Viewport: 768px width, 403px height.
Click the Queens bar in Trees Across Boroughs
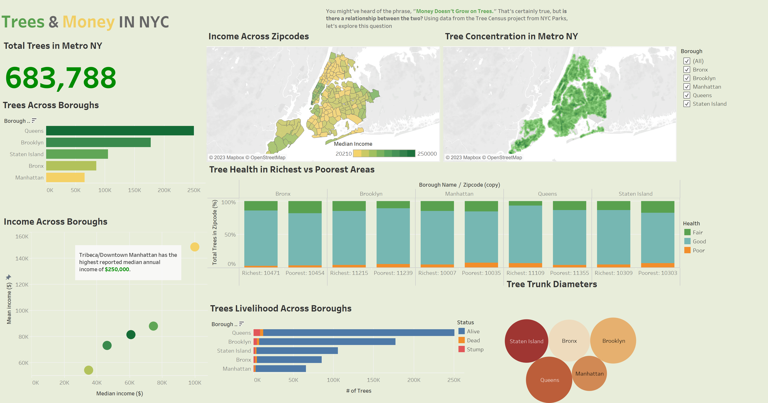(x=120, y=131)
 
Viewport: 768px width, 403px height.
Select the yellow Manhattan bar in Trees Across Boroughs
(x=65, y=177)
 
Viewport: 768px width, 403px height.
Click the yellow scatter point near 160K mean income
(x=195, y=247)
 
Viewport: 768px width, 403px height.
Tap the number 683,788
(x=61, y=78)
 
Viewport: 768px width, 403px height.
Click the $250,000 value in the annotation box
(x=117, y=269)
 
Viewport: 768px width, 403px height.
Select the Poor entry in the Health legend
(x=698, y=250)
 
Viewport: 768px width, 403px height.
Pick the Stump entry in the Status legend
(x=475, y=349)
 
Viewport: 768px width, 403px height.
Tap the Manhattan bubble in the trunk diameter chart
(x=589, y=374)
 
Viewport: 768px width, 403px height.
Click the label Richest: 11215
(x=349, y=273)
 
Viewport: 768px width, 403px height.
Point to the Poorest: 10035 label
(x=481, y=273)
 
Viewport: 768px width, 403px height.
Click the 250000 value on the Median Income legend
(x=427, y=154)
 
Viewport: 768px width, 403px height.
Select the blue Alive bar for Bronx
(x=289, y=360)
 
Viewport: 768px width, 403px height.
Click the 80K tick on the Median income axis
(x=162, y=383)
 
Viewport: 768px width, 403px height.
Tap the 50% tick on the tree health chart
(x=230, y=235)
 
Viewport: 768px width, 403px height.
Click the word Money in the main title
(x=89, y=22)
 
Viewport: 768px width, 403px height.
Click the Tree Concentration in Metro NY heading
(x=511, y=36)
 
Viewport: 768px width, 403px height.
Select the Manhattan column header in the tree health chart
(x=459, y=194)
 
